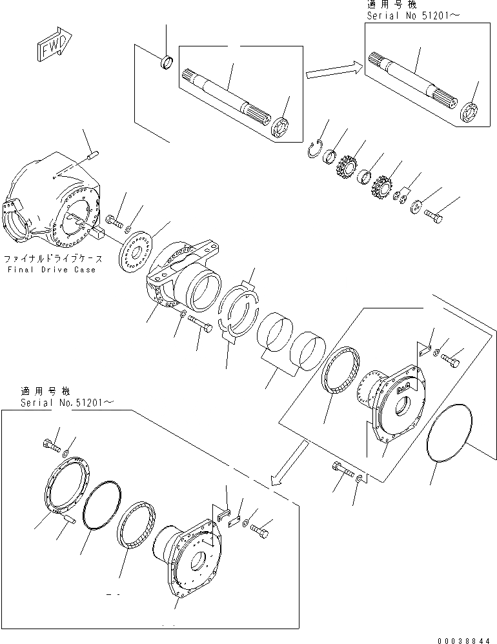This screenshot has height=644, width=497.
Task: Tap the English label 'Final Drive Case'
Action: click(52, 269)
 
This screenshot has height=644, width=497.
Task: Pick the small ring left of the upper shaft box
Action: click(167, 63)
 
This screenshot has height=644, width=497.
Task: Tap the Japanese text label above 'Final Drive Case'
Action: click(53, 258)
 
